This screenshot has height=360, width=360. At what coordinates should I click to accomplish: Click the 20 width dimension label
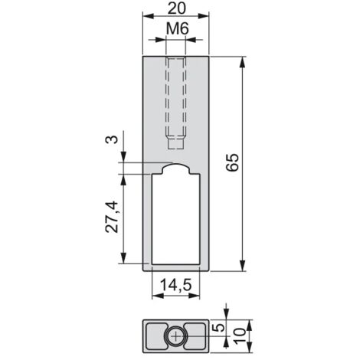(176, 8)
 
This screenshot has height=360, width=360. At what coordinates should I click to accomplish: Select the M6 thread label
(178, 28)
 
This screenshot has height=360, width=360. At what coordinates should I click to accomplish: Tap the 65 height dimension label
(233, 162)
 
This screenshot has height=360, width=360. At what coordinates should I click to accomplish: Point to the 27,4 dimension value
(112, 217)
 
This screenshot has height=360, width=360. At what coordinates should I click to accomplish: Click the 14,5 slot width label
(175, 285)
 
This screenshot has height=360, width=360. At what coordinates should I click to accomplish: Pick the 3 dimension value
(113, 139)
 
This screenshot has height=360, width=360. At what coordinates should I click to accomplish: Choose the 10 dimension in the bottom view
(240, 336)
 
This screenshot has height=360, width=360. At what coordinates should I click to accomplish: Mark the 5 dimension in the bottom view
(219, 328)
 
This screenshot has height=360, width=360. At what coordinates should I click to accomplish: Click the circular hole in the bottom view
(176, 336)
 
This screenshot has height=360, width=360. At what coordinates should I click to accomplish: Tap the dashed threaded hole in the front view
(175, 103)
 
